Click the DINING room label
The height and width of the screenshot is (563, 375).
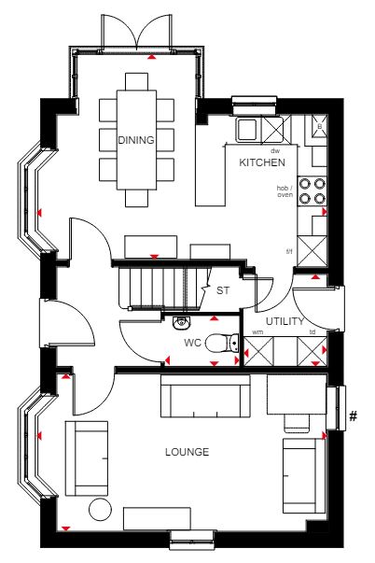point(136,140)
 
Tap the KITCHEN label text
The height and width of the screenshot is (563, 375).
point(262,162)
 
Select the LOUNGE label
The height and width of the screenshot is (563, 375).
point(187,452)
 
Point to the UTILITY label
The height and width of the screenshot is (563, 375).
point(285,321)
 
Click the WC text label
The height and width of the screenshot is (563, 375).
point(193,343)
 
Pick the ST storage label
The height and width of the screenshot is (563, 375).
point(223,290)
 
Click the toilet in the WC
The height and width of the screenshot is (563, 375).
point(222,344)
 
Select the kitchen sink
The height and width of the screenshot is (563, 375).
point(247,129)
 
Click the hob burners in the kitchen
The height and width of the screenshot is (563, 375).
point(312,191)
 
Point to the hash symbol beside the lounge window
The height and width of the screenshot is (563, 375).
point(354,416)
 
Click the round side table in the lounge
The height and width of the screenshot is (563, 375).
point(100,509)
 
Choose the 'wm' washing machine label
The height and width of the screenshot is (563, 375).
point(257,332)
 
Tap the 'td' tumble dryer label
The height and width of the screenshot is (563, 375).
point(312,332)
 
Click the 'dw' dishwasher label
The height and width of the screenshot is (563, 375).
point(275,151)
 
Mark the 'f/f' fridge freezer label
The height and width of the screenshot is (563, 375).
point(289,251)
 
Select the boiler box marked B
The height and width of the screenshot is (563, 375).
point(319,126)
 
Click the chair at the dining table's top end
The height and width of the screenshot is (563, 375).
point(137,81)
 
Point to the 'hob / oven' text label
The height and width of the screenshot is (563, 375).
point(285,191)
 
